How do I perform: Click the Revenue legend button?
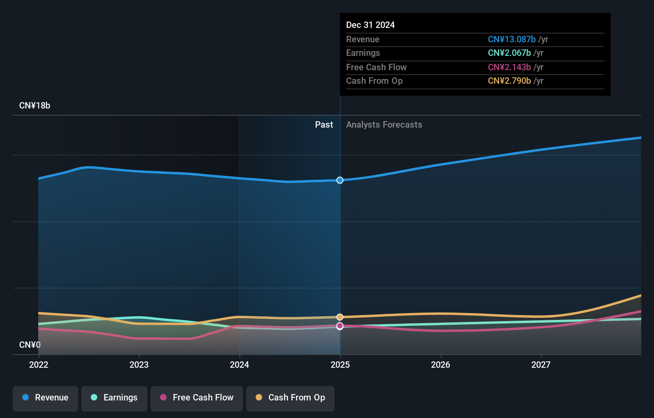[x=45, y=398]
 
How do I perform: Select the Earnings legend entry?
[x=114, y=398]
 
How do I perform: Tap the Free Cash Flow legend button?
[x=197, y=398]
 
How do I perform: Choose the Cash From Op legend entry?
[x=290, y=398]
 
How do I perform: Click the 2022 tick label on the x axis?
[x=39, y=365]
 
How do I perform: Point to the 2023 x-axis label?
[x=139, y=365]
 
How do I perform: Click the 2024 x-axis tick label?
[x=239, y=365]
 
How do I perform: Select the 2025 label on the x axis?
[x=340, y=365]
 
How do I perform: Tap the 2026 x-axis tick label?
[x=441, y=365]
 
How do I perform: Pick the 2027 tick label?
[x=541, y=365]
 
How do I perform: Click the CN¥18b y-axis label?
[x=35, y=106]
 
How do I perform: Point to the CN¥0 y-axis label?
[x=30, y=345]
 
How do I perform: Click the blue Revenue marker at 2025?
[x=340, y=180]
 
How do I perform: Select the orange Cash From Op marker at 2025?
[x=340, y=317]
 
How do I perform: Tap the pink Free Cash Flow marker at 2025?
[x=340, y=326]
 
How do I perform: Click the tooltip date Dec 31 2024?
[x=370, y=25]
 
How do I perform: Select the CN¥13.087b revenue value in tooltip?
[x=512, y=39]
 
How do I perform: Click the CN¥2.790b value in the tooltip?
[x=509, y=81]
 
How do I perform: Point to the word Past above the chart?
[x=324, y=124]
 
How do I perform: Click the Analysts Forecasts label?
[x=384, y=124]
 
